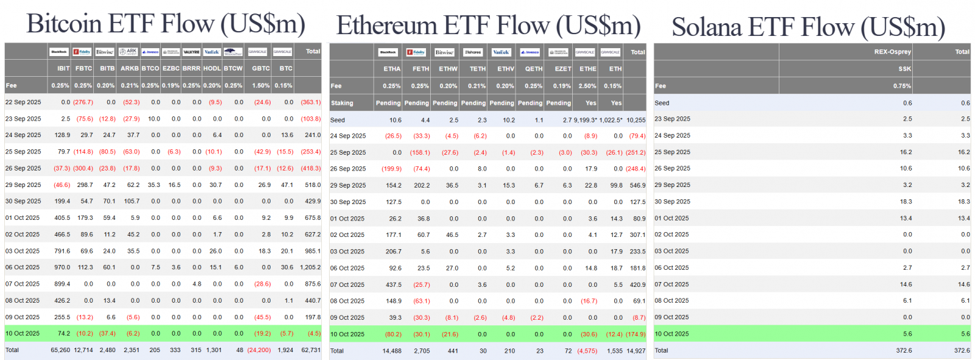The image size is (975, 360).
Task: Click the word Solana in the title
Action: [x=707, y=28]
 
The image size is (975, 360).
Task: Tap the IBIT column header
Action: [x=63, y=69]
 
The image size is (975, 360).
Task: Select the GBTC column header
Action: [x=261, y=69]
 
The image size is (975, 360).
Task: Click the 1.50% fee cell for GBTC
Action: [x=261, y=86]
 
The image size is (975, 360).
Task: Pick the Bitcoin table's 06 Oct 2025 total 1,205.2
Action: [x=310, y=267]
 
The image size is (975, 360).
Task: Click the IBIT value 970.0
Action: [x=62, y=267]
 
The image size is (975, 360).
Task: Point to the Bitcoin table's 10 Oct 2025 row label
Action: [x=23, y=334]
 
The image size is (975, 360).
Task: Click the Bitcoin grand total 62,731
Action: [x=311, y=350]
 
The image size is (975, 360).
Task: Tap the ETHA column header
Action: [x=392, y=69]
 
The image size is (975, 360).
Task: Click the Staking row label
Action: [x=342, y=104]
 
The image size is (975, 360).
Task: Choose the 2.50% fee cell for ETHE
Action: [x=587, y=86]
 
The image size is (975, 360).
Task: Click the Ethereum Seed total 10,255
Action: [x=636, y=121]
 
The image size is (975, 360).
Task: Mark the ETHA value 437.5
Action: [x=394, y=284]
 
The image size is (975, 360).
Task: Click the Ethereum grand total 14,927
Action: [x=636, y=351]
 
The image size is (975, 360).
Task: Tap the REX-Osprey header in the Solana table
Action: [x=892, y=52]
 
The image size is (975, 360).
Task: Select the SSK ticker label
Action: [x=904, y=69]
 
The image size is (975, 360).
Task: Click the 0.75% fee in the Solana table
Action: [x=902, y=86]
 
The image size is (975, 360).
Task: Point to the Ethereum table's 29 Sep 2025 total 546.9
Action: [x=637, y=185]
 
